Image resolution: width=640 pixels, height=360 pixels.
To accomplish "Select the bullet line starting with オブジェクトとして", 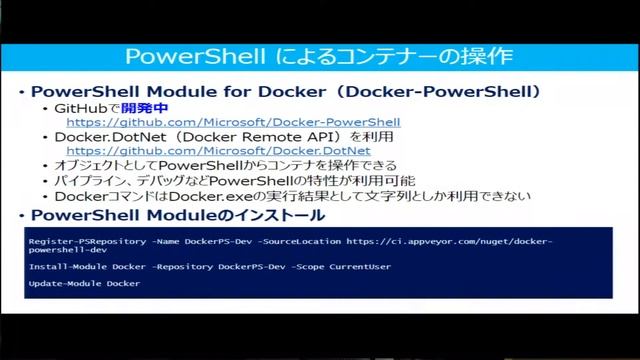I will click(225, 166).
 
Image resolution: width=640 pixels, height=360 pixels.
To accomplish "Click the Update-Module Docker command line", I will click(84, 284).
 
